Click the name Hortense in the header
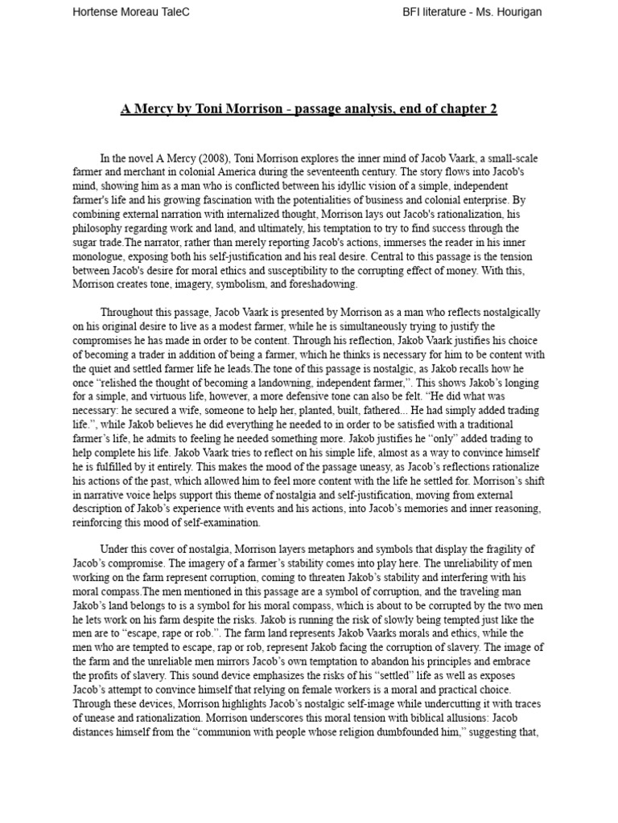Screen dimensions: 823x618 (x=97, y=13)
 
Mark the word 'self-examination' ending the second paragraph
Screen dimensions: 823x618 (x=220, y=522)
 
